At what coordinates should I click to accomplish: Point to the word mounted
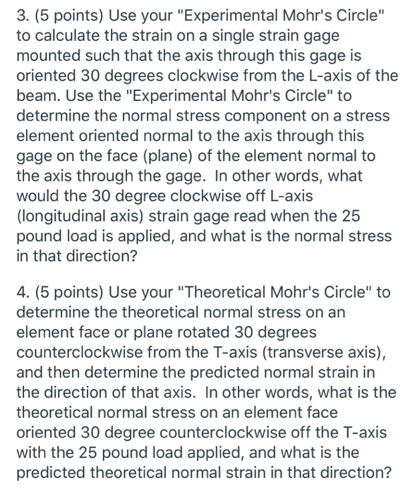click(48, 55)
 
